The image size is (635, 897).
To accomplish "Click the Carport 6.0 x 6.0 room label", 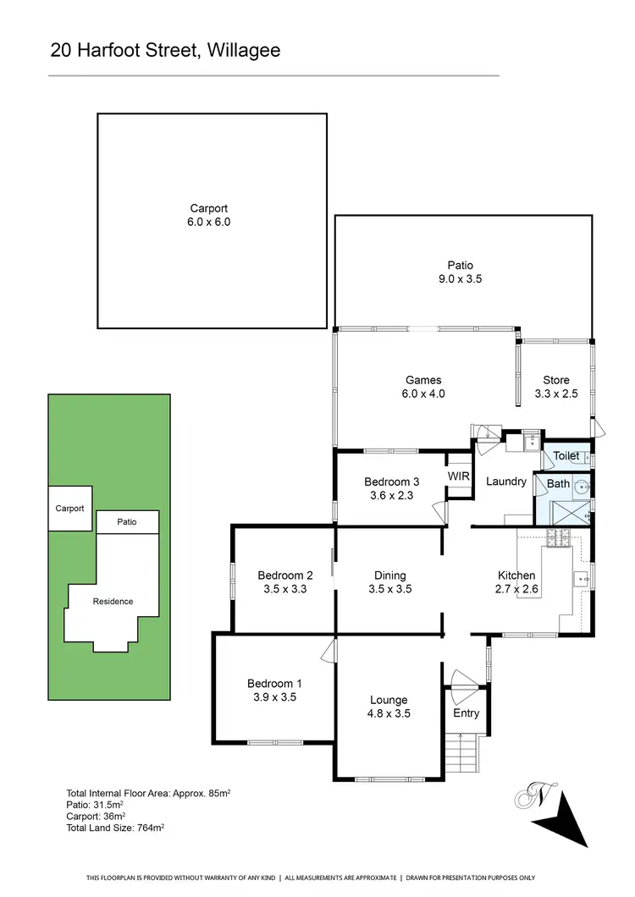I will [x=209, y=216].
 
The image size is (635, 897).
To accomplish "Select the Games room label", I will [x=423, y=387].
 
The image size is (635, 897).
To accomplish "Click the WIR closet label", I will [x=459, y=477].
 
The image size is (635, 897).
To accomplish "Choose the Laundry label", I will [x=506, y=482].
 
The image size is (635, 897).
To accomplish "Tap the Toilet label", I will [x=566, y=456].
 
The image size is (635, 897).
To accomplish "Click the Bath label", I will [x=558, y=484].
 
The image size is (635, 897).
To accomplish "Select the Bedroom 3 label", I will [x=392, y=489].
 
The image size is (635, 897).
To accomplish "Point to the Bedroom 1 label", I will [x=275, y=691].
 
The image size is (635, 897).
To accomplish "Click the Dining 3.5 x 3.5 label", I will [x=390, y=582].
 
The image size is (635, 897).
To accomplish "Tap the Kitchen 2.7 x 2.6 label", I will [x=516, y=582].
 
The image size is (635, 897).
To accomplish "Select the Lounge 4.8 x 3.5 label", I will [x=389, y=707].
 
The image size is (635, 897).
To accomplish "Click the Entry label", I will [x=467, y=713].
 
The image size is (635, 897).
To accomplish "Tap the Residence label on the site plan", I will [x=113, y=602].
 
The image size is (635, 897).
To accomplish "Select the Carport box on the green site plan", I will [x=70, y=509].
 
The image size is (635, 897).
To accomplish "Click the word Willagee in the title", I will [x=242, y=51].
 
